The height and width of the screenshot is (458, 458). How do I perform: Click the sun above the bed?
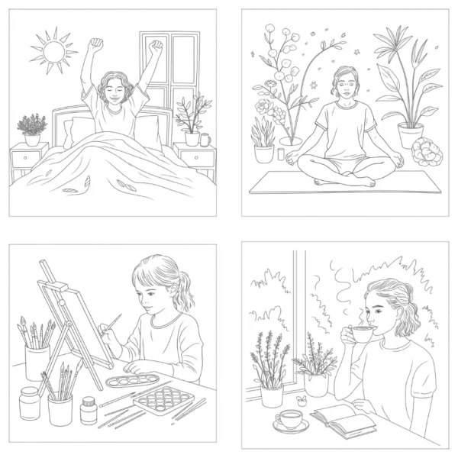53,51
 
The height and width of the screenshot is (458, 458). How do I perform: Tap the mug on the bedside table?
205,139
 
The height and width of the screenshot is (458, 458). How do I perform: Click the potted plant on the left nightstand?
32,128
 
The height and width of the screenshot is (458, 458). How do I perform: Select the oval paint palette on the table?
131,379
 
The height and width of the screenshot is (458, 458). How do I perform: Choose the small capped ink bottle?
89,410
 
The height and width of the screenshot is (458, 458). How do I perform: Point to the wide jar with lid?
29,402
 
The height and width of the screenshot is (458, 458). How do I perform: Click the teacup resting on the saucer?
290,419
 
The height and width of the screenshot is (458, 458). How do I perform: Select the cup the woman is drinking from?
360,335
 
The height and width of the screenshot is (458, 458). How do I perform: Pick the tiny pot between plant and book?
302,399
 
